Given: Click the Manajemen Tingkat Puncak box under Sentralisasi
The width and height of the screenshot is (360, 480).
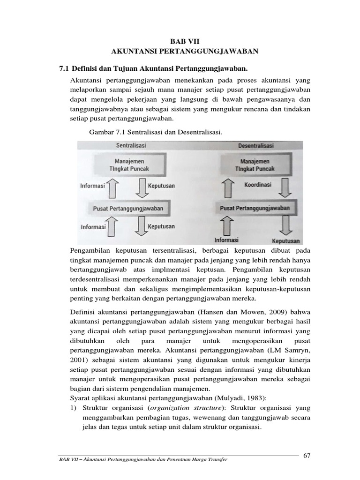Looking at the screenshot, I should [128, 165].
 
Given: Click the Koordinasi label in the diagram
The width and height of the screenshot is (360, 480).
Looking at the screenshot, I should [258, 185].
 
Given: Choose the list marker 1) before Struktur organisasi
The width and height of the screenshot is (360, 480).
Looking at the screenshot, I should [73, 408].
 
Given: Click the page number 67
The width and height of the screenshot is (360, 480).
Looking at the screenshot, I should [307, 456].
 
